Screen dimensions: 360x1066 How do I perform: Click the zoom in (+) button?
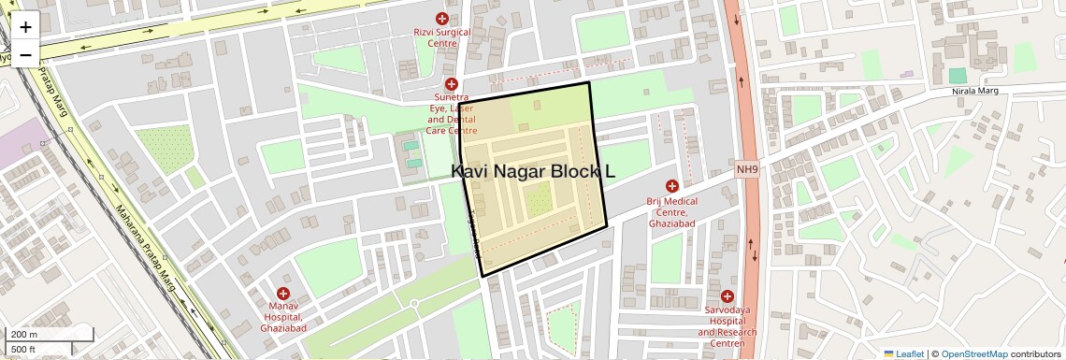(25, 27)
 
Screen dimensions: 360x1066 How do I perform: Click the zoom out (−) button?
(25, 54)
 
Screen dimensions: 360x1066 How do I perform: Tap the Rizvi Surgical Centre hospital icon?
(442, 19)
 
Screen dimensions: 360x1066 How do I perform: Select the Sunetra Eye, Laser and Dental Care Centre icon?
(451, 84)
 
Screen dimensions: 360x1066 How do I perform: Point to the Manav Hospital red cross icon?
(282, 294)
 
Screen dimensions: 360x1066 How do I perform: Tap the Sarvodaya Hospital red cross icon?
(727, 295)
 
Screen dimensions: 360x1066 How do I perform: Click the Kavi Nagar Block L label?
(534, 172)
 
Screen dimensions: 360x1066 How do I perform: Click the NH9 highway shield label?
(745, 169)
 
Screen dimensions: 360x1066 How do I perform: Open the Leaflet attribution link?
(903, 354)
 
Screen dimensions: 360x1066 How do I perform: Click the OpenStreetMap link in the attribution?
(973, 354)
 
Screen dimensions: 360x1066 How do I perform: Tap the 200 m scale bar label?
(24, 334)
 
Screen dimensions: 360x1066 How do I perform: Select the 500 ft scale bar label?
(23, 350)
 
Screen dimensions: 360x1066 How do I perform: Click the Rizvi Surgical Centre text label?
(442, 37)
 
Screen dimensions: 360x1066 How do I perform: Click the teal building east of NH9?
(958, 75)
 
